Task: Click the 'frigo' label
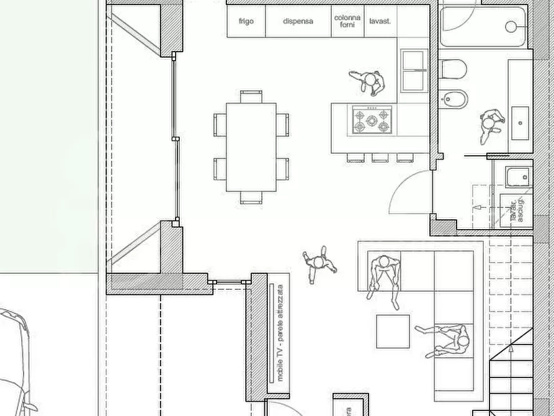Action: tap(246, 21)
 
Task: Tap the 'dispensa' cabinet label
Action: tap(298, 21)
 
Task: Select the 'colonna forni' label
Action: tap(347, 21)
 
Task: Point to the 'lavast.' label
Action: tap(380, 21)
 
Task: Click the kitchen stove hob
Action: tap(373, 120)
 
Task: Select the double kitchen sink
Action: tap(413, 71)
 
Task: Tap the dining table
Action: tap(251, 147)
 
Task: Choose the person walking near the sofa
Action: tap(319, 264)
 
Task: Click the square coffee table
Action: tap(393, 332)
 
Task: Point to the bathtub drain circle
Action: tap(512, 26)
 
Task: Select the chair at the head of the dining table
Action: tap(251, 96)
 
